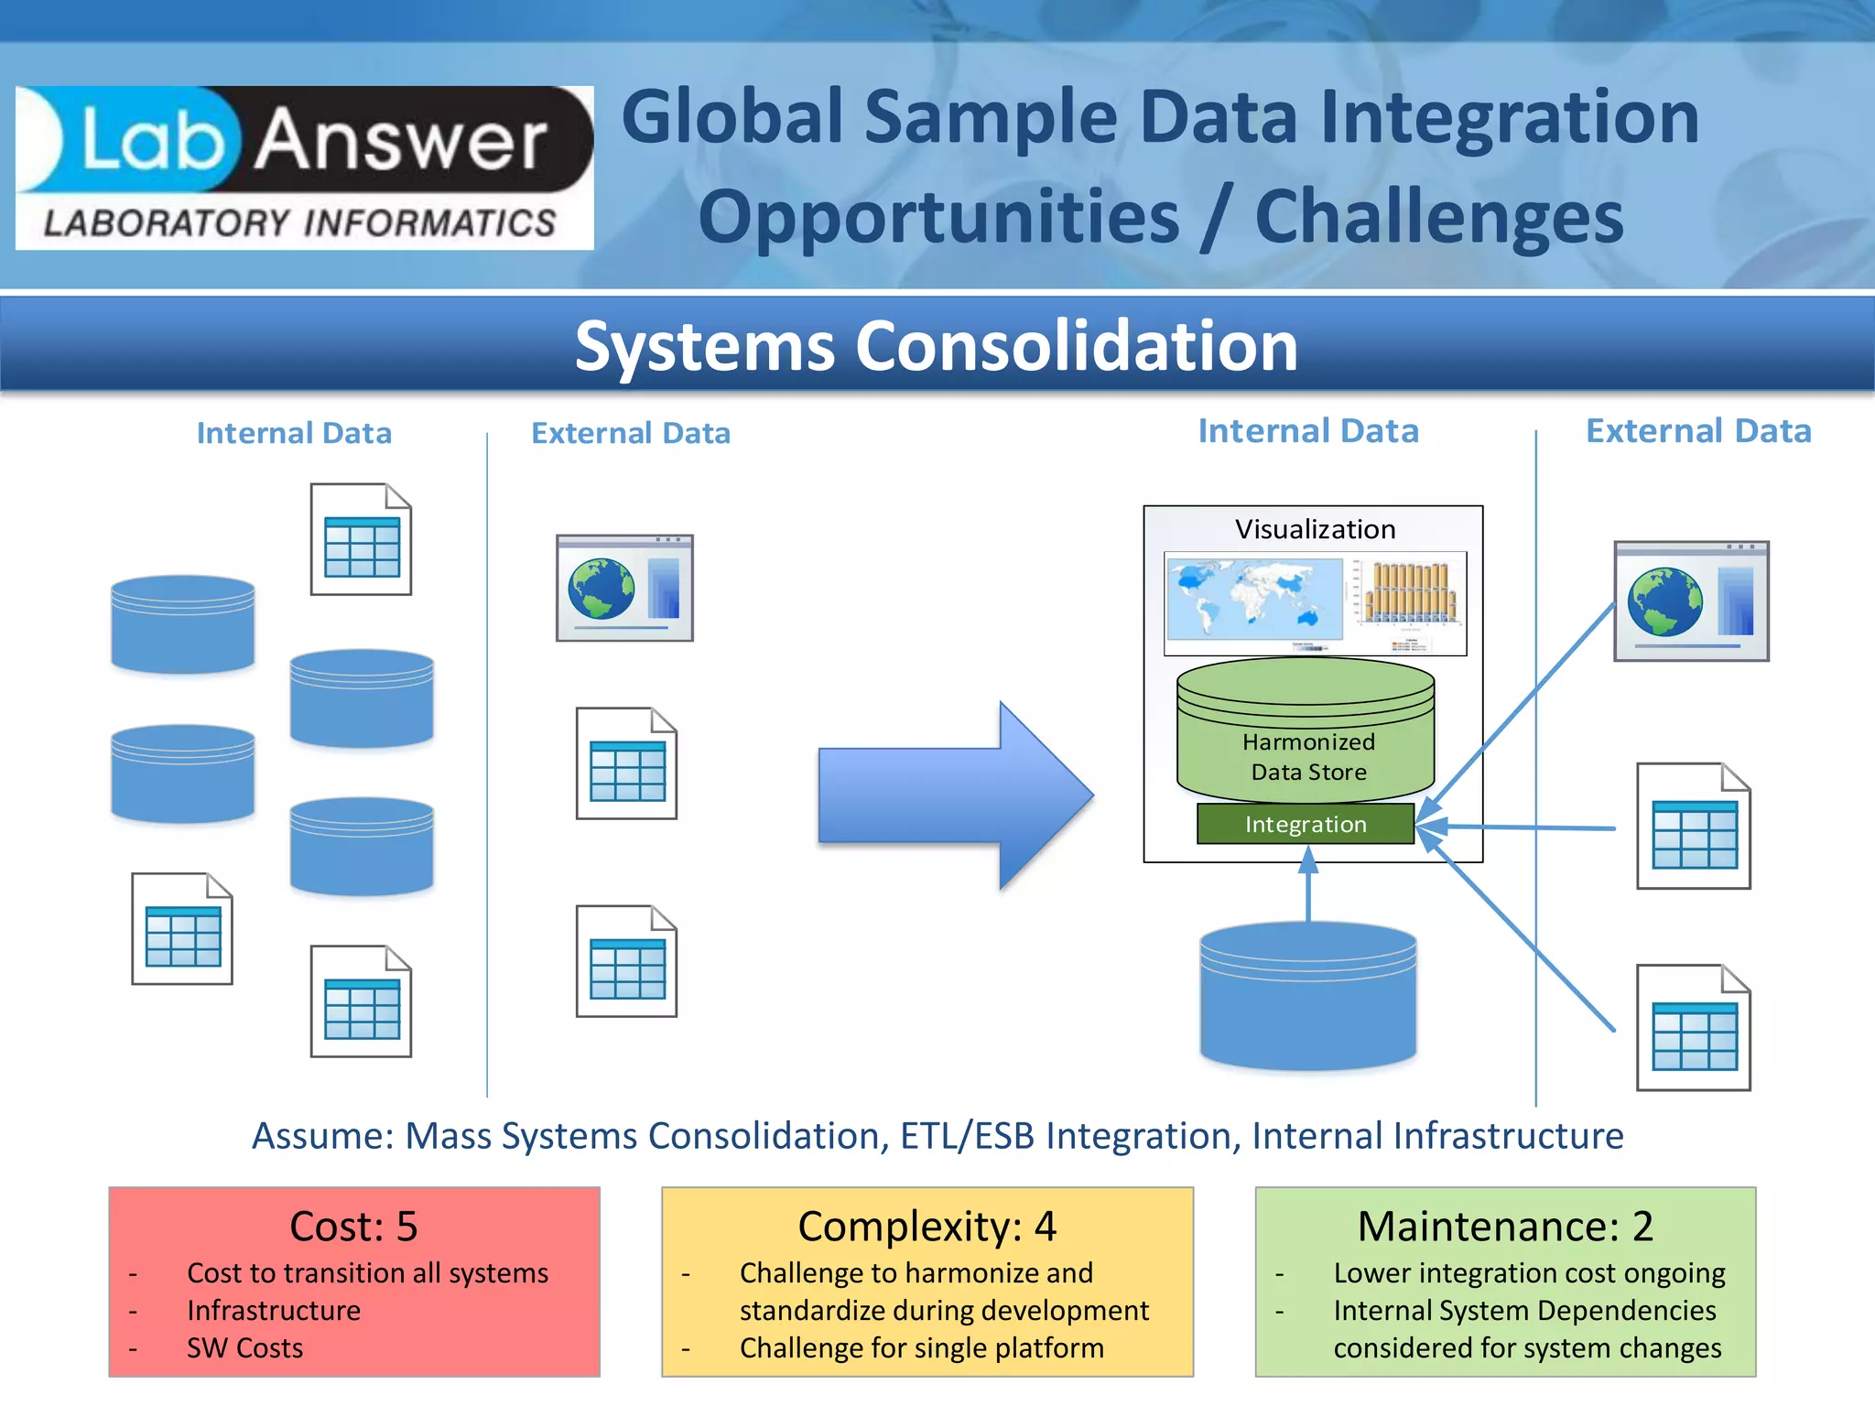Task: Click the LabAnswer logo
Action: click(304, 168)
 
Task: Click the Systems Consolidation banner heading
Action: click(936, 346)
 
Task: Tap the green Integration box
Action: click(1306, 824)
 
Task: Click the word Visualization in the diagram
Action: click(1315, 529)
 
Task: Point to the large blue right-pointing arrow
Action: click(955, 795)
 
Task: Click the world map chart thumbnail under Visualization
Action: click(1253, 600)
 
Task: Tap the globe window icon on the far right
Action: click(1691, 601)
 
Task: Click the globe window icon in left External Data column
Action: click(624, 589)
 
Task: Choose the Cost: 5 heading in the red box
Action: click(353, 1227)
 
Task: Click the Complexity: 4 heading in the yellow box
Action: click(927, 1227)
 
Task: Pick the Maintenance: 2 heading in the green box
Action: click(1505, 1227)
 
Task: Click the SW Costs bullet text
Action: click(244, 1348)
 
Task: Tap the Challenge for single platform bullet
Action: click(921, 1348)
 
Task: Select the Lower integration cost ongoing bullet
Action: click(1529, 1273)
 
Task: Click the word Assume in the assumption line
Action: click(322, 1136)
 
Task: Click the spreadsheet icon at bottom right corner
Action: click(1694, 1028)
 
